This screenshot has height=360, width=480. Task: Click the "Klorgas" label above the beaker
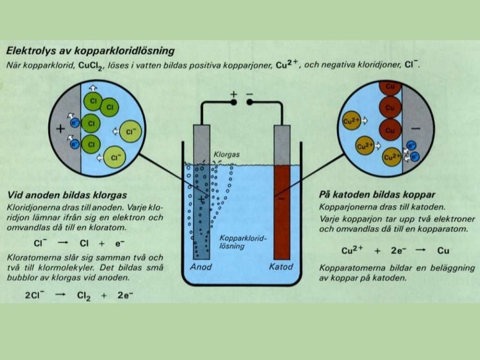pyautogui.click(x=225, y=154)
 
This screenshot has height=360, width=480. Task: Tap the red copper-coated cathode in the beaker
pyautogui.click(x=282, y=211)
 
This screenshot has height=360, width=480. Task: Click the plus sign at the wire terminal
pyautogui.click(x=233, y=96)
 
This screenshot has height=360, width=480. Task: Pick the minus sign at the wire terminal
pyautogui.click(x=250, y=96)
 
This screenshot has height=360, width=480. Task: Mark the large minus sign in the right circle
pyautogui.click(x=417, y=127)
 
